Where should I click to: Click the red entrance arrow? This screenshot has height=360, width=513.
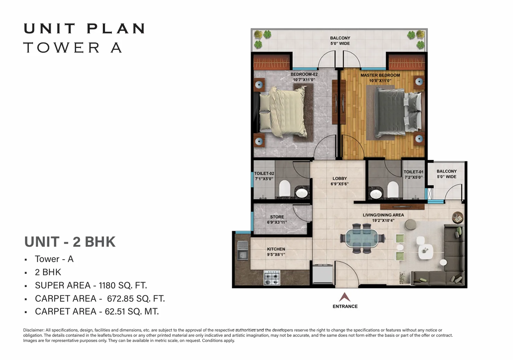coord(345,297)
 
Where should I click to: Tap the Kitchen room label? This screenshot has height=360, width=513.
coord(276,249)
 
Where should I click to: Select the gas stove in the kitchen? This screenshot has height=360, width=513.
coord(272,278)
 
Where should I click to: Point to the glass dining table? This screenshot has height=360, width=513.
coord(362,238)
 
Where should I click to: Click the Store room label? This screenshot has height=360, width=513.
coord(277,217)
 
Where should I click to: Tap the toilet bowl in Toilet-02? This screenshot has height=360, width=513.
coord(285,188)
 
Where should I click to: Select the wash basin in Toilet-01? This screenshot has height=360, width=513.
coord(376,194)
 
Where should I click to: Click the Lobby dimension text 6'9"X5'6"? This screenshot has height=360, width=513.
coord(340,184)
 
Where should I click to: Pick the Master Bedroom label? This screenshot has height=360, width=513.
coord(380,75)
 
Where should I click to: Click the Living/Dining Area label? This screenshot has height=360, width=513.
coord(383,215)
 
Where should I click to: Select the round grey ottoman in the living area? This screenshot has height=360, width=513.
coord(410,225)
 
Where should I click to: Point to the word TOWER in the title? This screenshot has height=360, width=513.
coord(62,48)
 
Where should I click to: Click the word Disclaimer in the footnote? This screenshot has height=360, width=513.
coord(34,330)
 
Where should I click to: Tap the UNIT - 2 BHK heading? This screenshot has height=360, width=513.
coord(70,242)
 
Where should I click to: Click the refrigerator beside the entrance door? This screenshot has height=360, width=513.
coord(323,274)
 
